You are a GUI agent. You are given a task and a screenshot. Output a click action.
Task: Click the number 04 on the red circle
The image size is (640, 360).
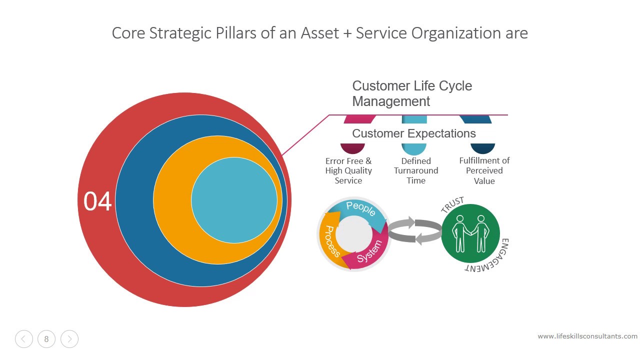pos(97,201)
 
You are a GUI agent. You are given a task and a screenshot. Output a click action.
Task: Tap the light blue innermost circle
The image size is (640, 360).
pos(234,200)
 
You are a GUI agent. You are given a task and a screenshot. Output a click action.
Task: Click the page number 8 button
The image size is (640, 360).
pos(46,339)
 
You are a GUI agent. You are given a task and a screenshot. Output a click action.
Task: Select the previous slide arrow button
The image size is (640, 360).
pos(24,339)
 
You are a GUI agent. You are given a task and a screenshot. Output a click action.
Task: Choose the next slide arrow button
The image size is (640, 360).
pos(69,339)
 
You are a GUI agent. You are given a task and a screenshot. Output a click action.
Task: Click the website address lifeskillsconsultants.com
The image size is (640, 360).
pos(587,336)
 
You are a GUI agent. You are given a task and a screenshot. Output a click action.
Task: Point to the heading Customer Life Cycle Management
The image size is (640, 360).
pos(412,93)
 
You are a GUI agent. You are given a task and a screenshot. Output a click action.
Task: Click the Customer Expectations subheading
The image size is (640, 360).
pos(414,133)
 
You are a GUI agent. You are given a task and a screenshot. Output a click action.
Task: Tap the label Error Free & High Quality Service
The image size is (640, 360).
pos(348,171)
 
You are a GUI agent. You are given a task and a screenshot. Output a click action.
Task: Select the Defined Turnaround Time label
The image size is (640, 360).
pos(416,171)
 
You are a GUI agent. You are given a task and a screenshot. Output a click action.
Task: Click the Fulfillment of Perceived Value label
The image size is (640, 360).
pos(484,171)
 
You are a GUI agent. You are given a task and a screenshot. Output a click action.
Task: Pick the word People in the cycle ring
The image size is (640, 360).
pos(361,208)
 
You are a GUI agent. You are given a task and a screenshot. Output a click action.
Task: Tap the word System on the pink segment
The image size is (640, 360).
pos(370,251)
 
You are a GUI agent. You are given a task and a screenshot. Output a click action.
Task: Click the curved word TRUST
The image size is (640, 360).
pos(452,205)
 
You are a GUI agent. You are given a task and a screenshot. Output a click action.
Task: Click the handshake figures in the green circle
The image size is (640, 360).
pos(470,233)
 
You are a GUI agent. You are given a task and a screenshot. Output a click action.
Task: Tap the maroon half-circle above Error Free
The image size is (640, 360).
pos(352,148)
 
